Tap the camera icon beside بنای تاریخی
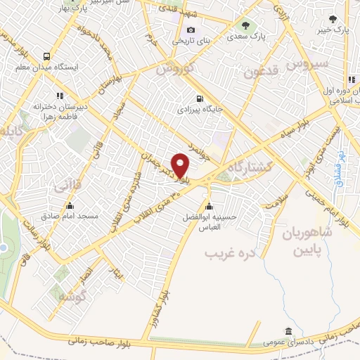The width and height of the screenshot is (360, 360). pos(191,30)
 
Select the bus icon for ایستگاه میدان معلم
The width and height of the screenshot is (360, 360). pos(46,57)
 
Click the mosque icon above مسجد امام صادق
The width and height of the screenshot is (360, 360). pos(70,206)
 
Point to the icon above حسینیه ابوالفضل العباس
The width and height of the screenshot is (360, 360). pos(209,206)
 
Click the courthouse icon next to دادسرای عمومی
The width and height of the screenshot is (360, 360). pos(288,332)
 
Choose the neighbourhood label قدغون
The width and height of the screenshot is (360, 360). pos(262,71)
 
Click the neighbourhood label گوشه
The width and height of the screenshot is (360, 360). pos(70,296)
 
